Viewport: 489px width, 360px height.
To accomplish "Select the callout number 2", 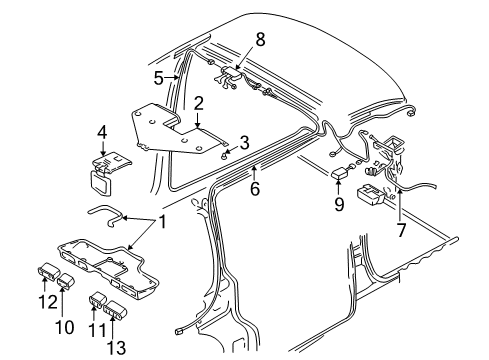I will pos(199,103).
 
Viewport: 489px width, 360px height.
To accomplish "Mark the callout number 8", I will pos(259,40).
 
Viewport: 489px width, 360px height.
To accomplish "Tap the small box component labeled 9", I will pos(341,173).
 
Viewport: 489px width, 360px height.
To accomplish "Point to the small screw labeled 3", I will pos(225,152).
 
